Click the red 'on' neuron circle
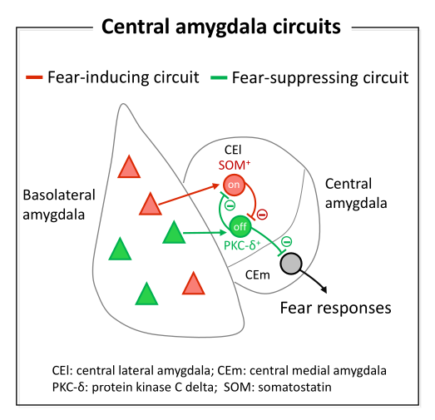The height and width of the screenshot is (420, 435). click(x=234, y=185)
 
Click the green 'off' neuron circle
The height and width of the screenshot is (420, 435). click(x=240, y=226)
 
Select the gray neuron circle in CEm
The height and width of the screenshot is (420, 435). click(x=291, y=264)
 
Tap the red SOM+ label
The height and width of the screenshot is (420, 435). click(x=235, y=166)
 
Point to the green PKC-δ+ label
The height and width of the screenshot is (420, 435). click(x=242, y=245)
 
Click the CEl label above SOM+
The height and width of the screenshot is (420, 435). click(x=233, y=150)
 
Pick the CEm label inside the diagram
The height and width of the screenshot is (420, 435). click(x=258, y=275)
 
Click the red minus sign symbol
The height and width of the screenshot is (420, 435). click(x=262, y=215)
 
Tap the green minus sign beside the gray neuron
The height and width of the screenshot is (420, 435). click(x=287, y=241)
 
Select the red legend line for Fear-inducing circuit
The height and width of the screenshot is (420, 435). click(x=34, y=77)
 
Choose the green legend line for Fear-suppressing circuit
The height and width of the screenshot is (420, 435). click(x=219, y=77)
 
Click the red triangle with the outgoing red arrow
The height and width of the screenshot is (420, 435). click(x=150, y=204)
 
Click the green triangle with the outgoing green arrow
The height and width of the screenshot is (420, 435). click(x=174, y=232)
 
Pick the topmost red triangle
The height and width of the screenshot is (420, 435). click(x=129, y=166)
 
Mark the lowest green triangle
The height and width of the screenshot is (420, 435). click(x=146, y=294)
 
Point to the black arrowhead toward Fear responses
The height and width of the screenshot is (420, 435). click(x=324, y=289)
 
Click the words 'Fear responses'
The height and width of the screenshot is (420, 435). click(x=336, y=308)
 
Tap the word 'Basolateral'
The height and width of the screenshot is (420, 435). click(x=59, y=195)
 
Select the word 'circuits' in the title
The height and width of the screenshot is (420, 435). click(x=307, y=27)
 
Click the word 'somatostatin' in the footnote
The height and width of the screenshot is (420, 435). click(x=294, y=387)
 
